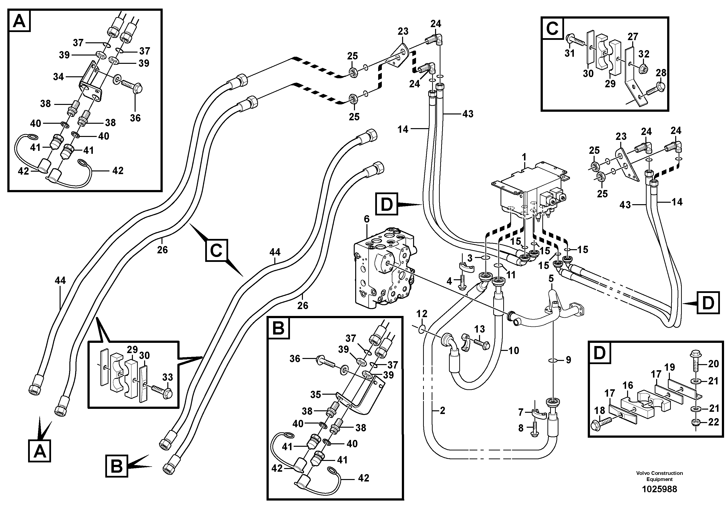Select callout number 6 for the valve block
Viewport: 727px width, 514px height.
coord(367,219)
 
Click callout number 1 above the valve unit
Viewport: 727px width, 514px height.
coord(524,157)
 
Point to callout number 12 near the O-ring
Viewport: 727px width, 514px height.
coord(422,314)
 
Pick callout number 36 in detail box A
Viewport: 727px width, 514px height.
coord(135,118)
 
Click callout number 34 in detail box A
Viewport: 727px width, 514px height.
coord(58,77)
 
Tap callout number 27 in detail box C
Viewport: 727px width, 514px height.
coord(633,37)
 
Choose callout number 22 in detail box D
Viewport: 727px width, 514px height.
coord(713,422)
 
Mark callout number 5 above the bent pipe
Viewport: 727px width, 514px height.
coord(551,279)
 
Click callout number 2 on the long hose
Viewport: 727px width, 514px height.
coord(442,411)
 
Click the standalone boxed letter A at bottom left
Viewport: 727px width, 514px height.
coord(40,451)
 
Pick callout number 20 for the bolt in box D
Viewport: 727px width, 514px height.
coord(713,364)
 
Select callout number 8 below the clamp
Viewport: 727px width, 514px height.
coord(521,428)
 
